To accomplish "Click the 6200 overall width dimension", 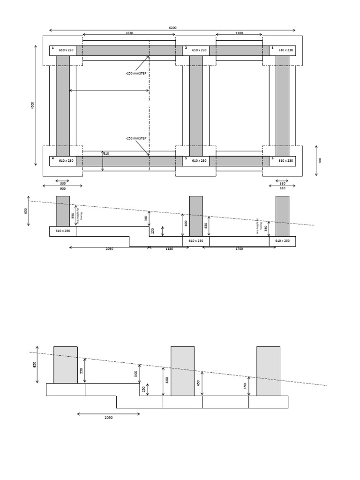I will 172,28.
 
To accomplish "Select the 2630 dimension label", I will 129,33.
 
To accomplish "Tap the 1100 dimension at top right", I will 239,33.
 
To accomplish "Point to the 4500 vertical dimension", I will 33,105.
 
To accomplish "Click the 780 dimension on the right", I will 320,160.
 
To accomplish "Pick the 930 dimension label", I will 63,189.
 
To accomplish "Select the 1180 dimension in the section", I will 169,249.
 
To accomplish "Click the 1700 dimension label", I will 239,249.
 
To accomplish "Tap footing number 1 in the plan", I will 53,48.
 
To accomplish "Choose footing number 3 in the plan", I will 272,48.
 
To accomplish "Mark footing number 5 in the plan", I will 186,158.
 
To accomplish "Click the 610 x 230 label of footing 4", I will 66,161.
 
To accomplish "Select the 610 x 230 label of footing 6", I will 285,161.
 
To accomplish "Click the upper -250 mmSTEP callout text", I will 136,74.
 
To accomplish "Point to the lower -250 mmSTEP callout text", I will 136,138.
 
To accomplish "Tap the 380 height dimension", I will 146,218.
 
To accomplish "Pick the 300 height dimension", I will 136,374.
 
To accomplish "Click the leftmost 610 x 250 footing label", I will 63,231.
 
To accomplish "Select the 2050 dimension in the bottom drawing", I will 108,418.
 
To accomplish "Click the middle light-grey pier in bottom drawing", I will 182,371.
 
